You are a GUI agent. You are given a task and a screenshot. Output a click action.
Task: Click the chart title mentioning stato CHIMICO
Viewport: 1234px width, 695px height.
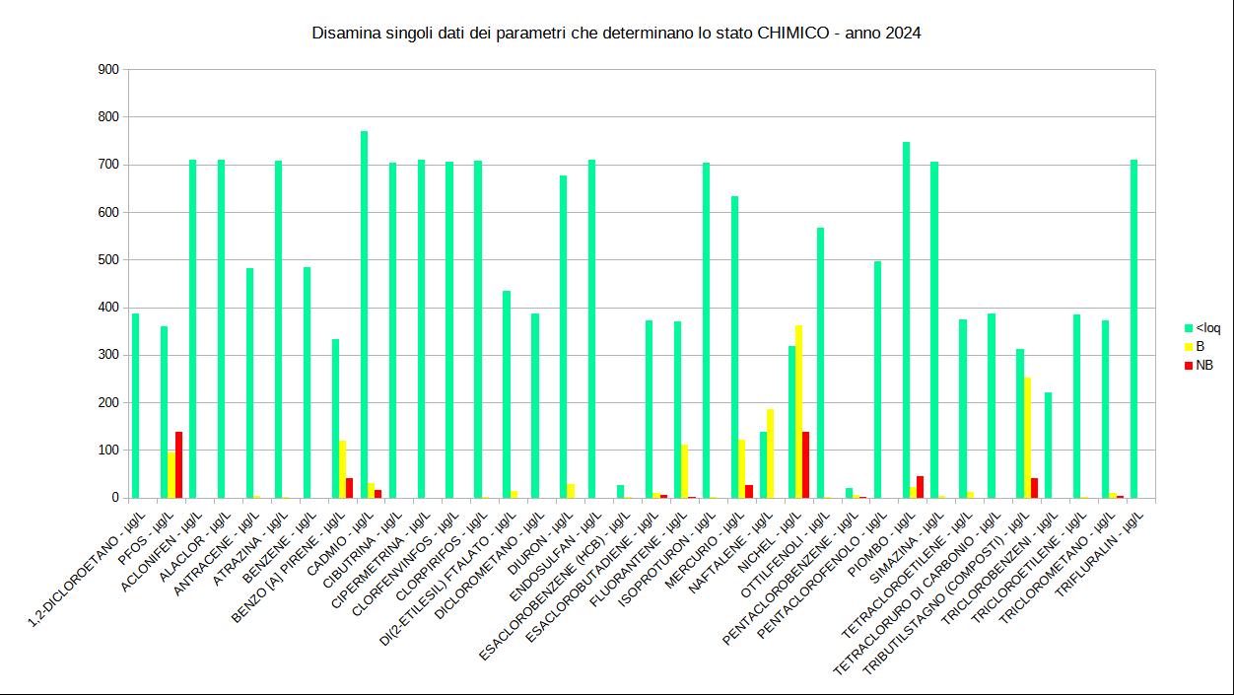point(616,34)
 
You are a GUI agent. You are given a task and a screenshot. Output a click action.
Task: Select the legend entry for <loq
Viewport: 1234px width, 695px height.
point(1207,328)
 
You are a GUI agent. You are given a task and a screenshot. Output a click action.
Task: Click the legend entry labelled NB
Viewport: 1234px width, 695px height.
point(1203,365)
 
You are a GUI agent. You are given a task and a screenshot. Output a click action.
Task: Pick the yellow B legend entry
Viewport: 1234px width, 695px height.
point(1200,347)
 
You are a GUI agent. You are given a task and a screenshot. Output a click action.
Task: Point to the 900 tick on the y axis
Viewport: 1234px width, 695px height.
point(108,70)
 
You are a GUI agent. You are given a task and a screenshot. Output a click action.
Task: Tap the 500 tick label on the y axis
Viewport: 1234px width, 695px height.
point(108,260)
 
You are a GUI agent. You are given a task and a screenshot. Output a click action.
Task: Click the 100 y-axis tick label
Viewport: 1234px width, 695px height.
point(108,451)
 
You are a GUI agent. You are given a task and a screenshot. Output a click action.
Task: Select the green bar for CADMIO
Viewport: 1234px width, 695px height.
point(364,314)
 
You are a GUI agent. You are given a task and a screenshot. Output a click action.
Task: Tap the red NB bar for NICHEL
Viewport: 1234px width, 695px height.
point(806,464)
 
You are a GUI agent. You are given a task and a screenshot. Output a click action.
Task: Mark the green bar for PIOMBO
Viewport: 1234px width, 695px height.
point(906,319)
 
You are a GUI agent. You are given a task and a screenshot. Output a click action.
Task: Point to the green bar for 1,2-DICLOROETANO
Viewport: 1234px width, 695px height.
point(136,405)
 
